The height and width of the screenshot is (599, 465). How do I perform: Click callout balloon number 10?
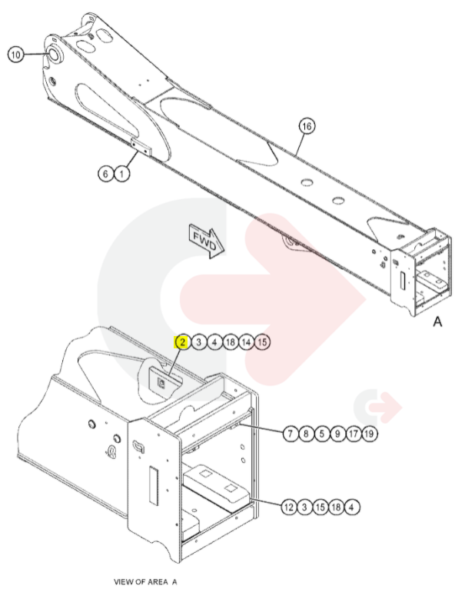[15, 55]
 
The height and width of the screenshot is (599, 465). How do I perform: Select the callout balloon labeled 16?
[307, 126]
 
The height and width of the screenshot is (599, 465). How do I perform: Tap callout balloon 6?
[106, 175]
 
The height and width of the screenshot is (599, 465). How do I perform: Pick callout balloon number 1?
[121, 175]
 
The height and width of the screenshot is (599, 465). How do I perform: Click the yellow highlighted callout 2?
[182, 342]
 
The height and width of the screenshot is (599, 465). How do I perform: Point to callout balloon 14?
[246, 342]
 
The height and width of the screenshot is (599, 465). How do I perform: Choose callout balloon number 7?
[291, 434]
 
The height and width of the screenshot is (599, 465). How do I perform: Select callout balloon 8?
[306, 434]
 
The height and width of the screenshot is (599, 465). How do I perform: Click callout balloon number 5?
[322, 434]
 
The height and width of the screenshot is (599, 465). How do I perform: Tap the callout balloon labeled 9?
[338, 434]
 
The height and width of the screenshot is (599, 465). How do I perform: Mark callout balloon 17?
[354, 434]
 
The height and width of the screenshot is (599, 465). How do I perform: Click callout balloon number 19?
[370, 434]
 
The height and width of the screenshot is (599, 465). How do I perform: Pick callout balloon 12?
[289, 507]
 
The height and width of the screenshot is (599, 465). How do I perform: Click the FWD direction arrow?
[207, 242]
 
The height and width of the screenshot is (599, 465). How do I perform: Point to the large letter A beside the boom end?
[437, 322]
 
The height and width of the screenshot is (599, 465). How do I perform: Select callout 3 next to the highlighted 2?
[198, 342]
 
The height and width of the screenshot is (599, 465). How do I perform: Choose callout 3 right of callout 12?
[304, 507]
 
